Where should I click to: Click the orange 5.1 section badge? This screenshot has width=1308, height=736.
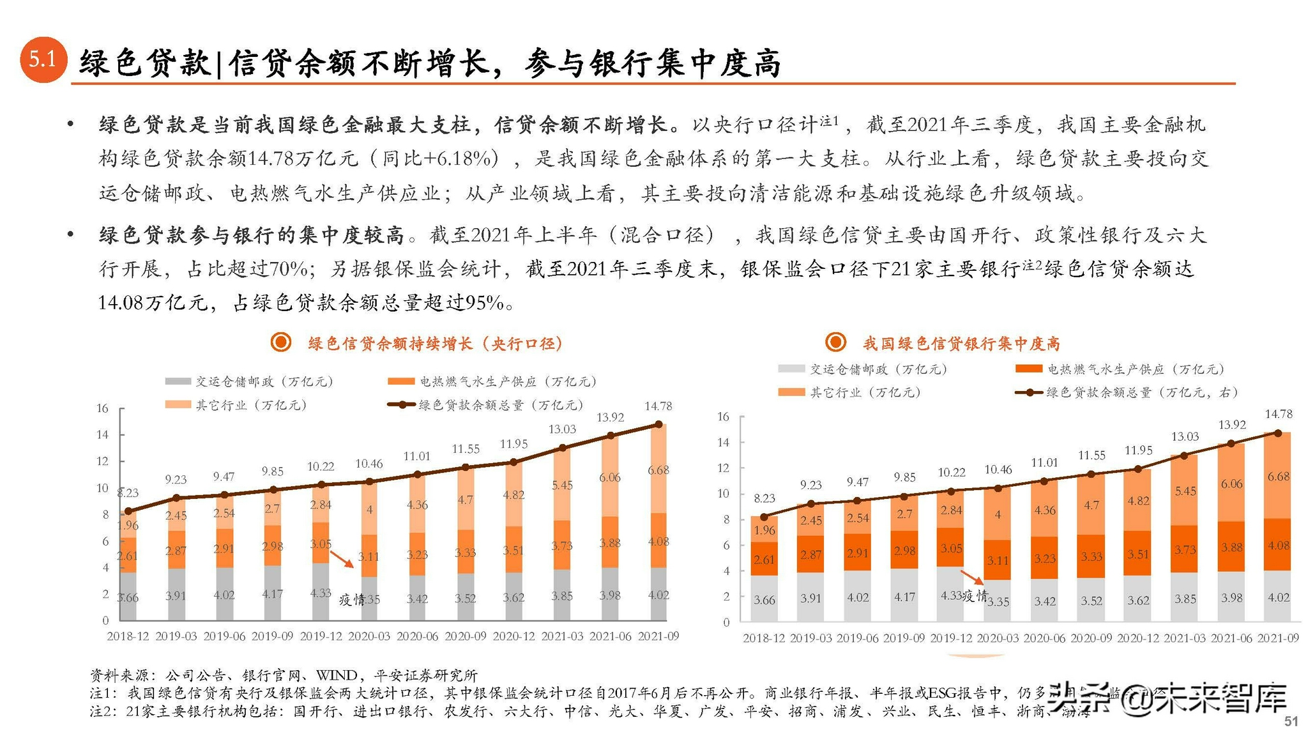(x=43, y=59)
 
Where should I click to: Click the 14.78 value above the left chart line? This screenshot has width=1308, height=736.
(x=658, y=406)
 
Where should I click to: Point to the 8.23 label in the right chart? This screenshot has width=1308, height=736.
(x=764, y=498)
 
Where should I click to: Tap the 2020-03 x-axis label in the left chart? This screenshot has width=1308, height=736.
(x=369, y=636)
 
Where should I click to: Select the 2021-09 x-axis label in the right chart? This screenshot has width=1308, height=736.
(x=1277, y=638)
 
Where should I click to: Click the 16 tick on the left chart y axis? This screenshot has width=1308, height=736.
(x=102, y=408)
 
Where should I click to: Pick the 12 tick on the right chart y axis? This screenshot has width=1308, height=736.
(x=723, y=468)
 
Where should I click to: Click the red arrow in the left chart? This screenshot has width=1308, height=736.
(x=342, y=560)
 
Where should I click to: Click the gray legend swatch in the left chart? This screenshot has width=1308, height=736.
(x=178, y=381)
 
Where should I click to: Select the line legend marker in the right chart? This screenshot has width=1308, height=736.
(x=1029, y=392)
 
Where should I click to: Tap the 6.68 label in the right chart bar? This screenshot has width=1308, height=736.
(x=1278, y=477)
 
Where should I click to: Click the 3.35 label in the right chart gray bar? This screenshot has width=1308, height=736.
(x=998, y=602)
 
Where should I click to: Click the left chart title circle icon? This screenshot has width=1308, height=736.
(x=280, y=342)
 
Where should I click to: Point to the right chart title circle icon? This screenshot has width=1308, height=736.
(x=835, y=342)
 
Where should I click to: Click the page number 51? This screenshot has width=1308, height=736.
(x=1291, y=721)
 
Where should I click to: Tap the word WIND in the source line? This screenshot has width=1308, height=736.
(x=336, y=675)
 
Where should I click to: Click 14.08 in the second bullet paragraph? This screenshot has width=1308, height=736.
(x=120, y=303)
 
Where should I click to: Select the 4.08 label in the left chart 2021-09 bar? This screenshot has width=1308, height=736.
(x=658, y=541)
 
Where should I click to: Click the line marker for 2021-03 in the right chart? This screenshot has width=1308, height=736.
(x=1184, y=456)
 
